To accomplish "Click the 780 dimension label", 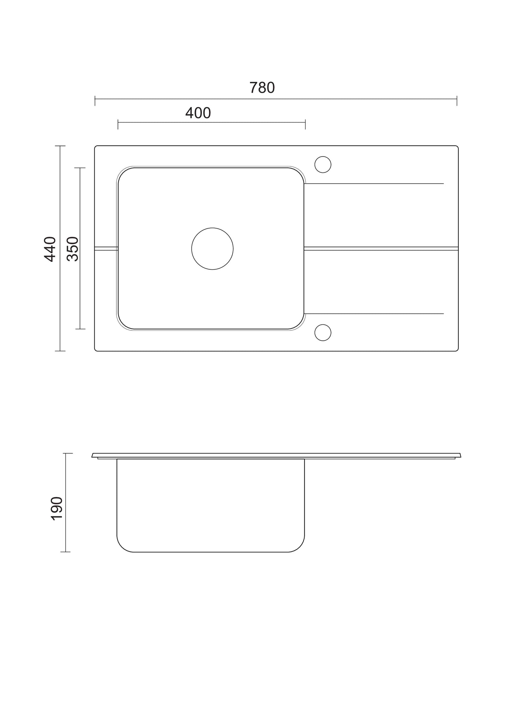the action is click(x=262, y=88).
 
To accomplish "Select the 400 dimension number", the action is click(x=198, y=113).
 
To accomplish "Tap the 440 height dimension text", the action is click(x=50, y=249).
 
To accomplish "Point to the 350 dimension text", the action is click(x=73, y=249).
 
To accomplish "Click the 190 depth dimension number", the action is click(x=57, y=508).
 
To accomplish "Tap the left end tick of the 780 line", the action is click(x=95, y=100).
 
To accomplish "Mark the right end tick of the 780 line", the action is click(x=457, y=100).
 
